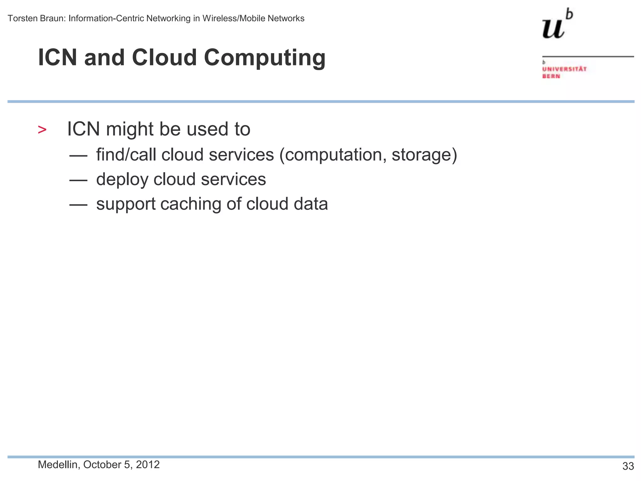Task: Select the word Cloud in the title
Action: click(164, 58)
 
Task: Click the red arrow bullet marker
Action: click(42, 130)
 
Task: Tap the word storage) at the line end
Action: click(424, 155)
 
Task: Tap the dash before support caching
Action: click(78, 204)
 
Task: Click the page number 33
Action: click(628, 466)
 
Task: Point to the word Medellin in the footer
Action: click(58, 465)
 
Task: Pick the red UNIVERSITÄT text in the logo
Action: click(564, 69)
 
